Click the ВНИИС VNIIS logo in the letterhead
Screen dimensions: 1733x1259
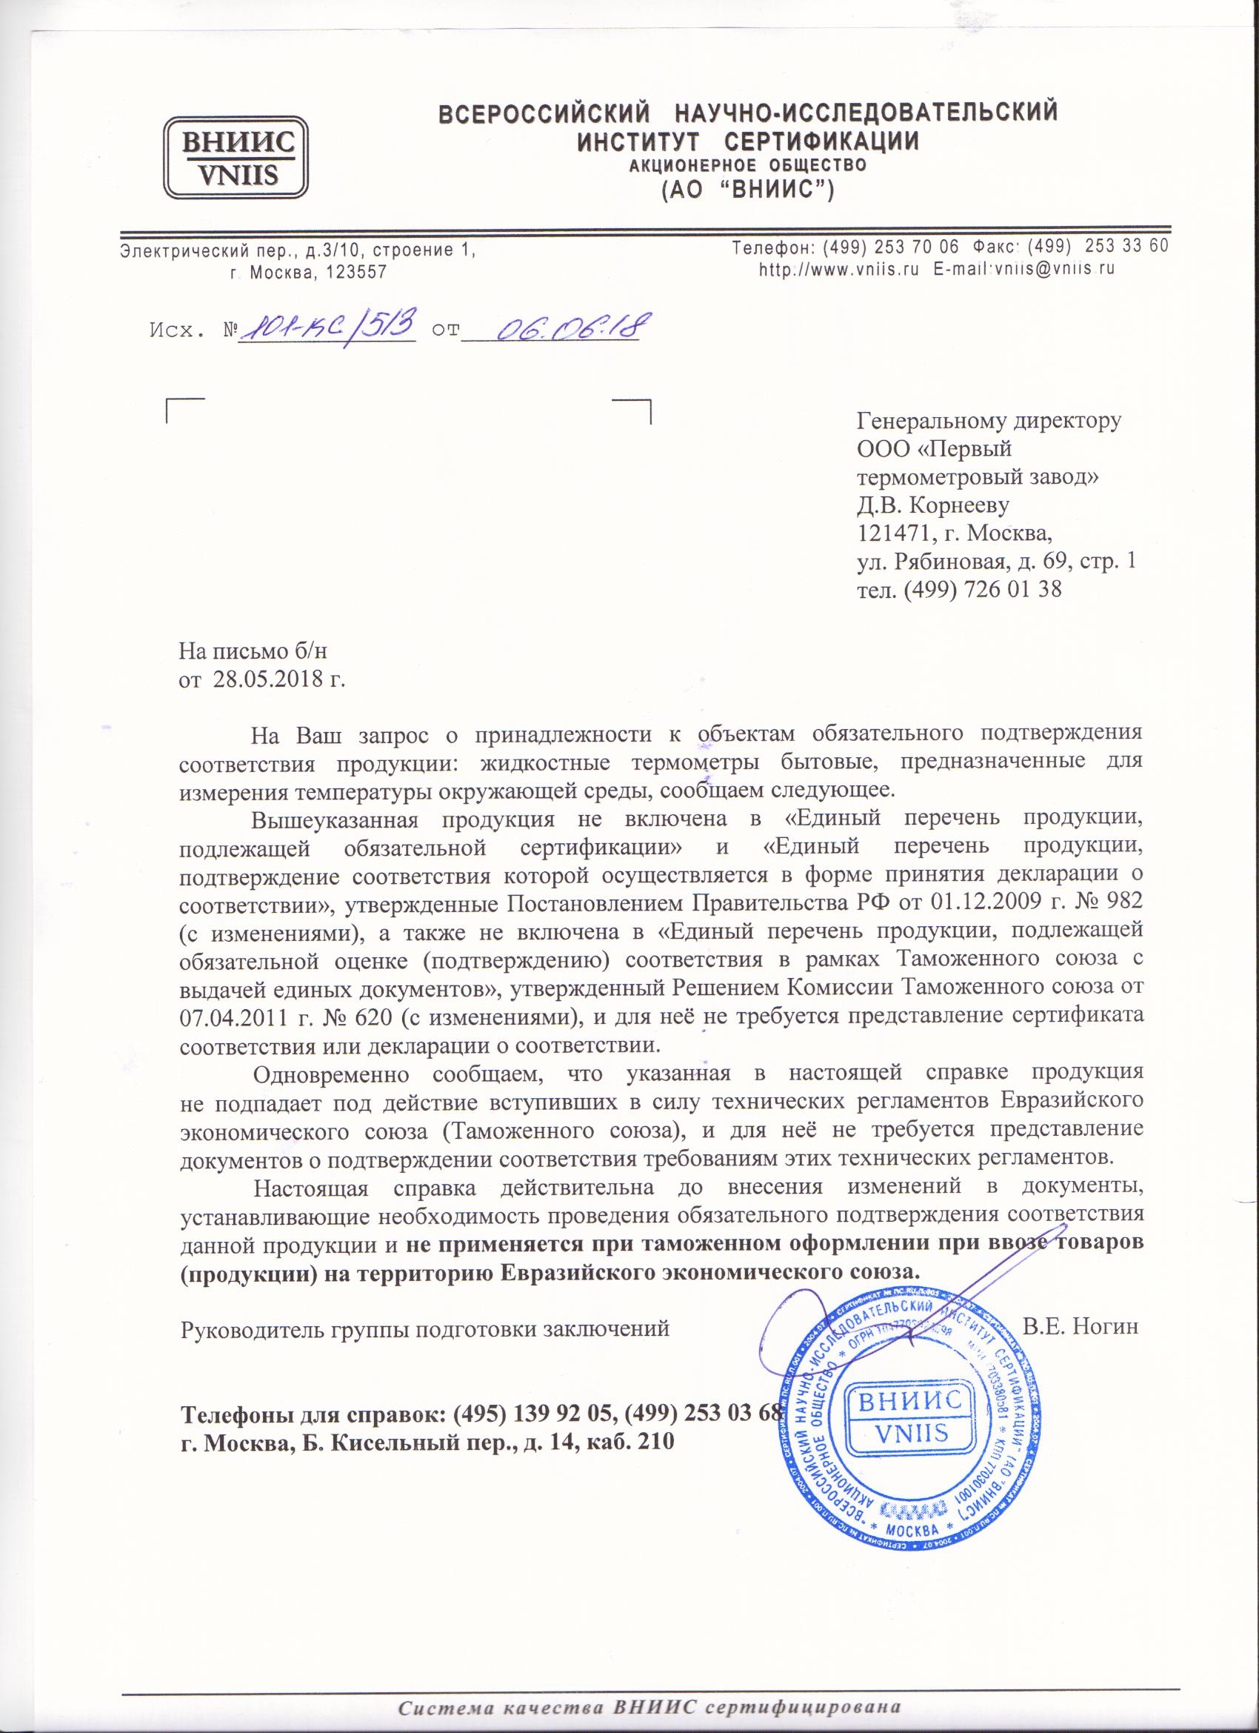(237, 156)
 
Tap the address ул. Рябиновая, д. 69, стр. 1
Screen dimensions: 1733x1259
(996, 561)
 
